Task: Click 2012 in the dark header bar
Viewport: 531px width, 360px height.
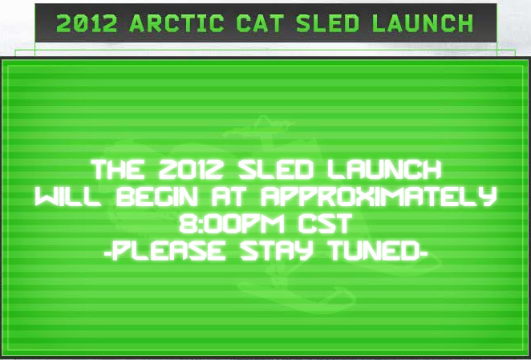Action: coord(87,23)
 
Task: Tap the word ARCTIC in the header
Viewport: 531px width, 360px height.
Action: coord(176,23)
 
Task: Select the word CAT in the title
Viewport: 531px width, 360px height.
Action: coord(260,23)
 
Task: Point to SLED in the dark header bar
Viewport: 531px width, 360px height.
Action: coord(327,23)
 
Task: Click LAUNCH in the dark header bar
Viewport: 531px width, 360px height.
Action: coord(422,23)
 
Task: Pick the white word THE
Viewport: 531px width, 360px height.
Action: coord(118,170)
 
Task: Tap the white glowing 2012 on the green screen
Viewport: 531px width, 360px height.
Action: coord(191,170)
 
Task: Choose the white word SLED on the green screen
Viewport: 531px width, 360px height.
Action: coord(276,170)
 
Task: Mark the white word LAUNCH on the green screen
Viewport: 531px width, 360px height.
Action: coord(384,170)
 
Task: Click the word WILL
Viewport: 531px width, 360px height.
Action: coord(67,196)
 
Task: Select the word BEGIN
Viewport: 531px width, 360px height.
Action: coord(156,196)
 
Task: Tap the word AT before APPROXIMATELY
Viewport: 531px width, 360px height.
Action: coord(229,196)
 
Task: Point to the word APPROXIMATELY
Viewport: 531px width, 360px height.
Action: coord(379,196)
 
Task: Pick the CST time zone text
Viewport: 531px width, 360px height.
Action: coord(326,224)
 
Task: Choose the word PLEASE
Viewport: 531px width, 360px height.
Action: coord(169,251)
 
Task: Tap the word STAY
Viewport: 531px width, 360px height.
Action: coord(277,251)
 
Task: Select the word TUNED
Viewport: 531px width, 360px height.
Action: coord(375,251)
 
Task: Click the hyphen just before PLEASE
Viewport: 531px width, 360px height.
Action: coord(108,253)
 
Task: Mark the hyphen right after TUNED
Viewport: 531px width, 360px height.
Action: coord(424,253)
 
